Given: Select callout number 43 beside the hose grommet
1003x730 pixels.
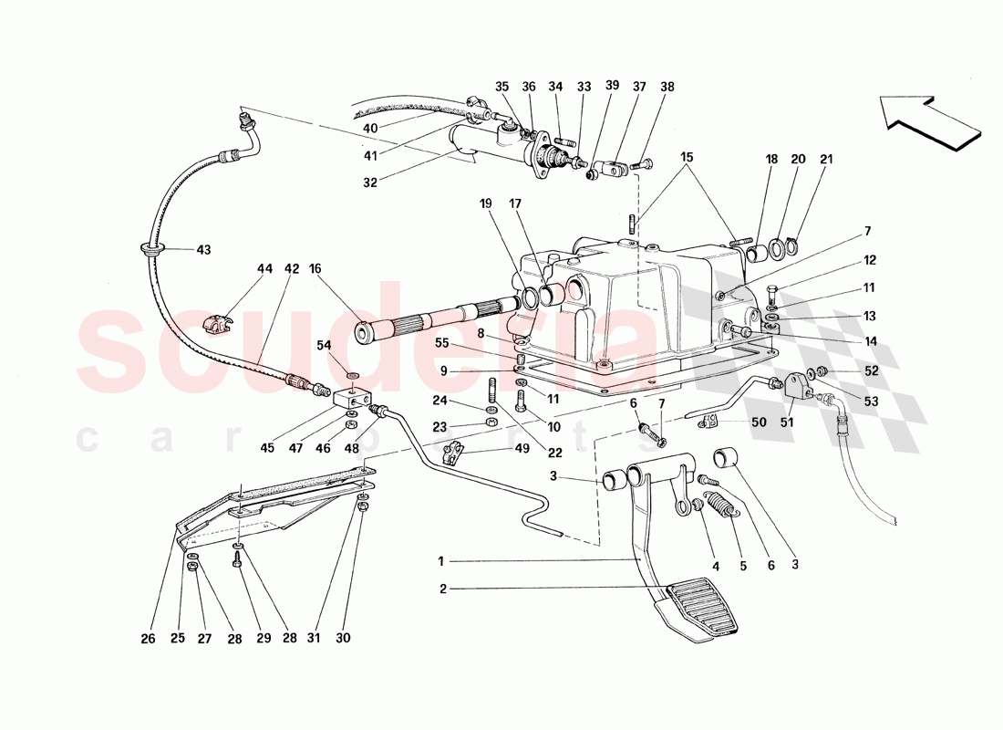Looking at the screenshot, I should [x=202, y=250].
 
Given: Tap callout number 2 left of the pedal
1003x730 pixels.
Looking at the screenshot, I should [x=443, y=589].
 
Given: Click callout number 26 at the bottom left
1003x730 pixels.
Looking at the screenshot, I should [x=148, y=638].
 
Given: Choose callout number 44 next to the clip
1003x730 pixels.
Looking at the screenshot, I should [x=264, y=269].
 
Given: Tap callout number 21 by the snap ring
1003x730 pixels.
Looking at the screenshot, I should [x=826, y=159].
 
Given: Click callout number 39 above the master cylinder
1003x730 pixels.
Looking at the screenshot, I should [x=612, y=85].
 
